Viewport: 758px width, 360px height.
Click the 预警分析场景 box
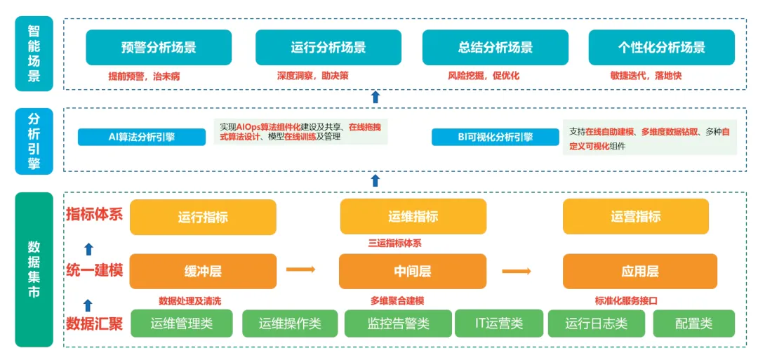[159, 48]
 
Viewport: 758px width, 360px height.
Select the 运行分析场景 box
[328, 48]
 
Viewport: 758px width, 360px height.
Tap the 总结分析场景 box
[495, 48]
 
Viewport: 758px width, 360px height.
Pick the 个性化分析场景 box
[661, 48]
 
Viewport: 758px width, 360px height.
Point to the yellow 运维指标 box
[413, 217]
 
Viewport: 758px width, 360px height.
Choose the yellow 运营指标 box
[635, 217]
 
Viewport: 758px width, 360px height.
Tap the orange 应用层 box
[639, 272]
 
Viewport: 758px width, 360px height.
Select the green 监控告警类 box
[398, 324]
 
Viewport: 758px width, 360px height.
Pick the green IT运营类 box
[499, 324]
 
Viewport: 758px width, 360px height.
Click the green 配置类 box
[693, 324]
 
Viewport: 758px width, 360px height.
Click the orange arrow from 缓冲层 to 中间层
[300, 269]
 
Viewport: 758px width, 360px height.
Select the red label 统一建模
[95, 269]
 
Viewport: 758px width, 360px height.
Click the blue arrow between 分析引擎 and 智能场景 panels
[375, 97]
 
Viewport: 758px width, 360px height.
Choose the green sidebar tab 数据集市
[34, 269]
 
